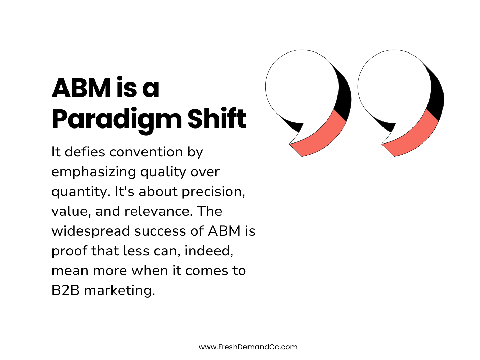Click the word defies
tap(85, 152)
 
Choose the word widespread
tap(91, 231)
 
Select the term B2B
tap(65, 290)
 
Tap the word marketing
tap(119, 290)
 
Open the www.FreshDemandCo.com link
tap(248, 347)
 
